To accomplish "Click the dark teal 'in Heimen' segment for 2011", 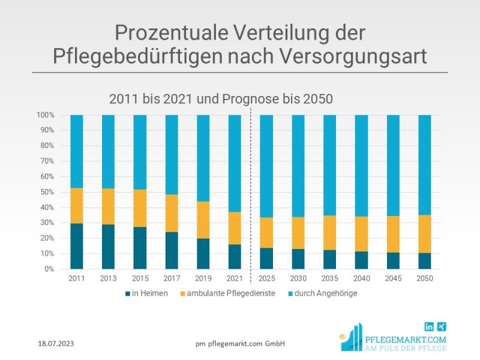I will coord(76,246).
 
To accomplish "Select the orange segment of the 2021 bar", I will coord(235,228).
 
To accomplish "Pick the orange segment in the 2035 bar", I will coord(329,233).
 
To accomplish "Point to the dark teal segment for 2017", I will coord(171,250).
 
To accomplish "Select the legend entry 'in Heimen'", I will coord(147,294).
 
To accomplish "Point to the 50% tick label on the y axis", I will coord(47,192).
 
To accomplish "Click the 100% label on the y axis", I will coord(46,115).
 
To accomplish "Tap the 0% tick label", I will coord(49,269).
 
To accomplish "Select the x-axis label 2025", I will coord(266,279).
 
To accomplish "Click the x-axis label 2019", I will coord(203,279).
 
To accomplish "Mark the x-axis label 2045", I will coord(393,279).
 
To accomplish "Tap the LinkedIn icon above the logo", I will coord(429,326).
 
